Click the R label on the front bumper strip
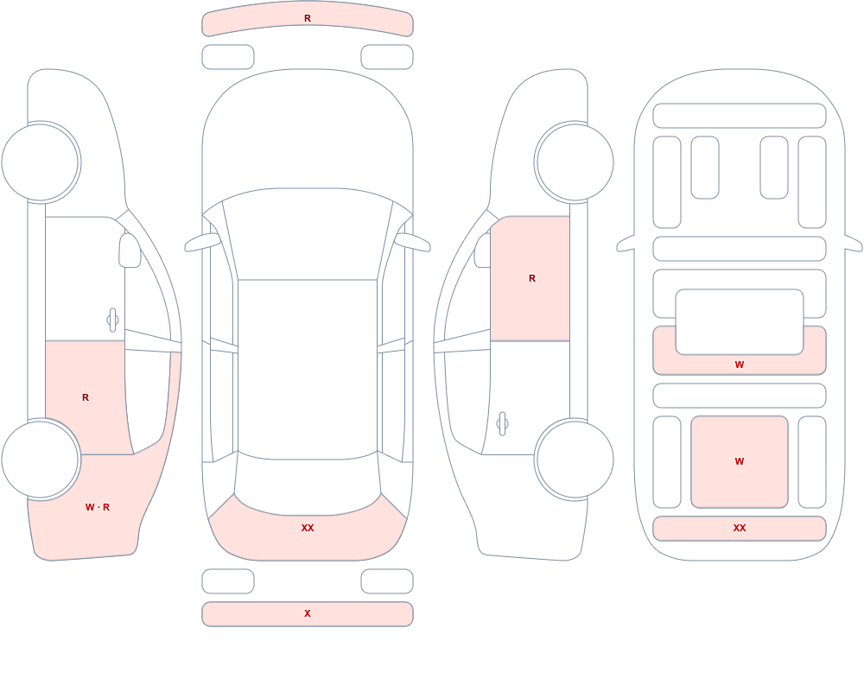(308, 18)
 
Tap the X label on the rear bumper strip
(308, 613)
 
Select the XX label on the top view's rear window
(308, 528)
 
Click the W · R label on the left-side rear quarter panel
(98, 507)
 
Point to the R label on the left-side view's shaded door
(86, 397)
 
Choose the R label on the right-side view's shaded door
(532, 278)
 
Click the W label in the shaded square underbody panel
(740, 461)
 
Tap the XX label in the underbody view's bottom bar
(740, 528)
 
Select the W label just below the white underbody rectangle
(740, 365)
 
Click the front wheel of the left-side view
(41, 162)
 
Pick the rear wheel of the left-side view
(41, 459)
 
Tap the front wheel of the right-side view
(575, 162)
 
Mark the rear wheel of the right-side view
(575, 459)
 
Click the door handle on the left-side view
(112, 320)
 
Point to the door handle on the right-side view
(502, 424)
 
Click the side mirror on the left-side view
(130, 251)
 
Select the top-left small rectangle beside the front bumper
(228, 57)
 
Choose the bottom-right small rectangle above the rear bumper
(387, 581)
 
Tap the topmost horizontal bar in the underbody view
(740, 116)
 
